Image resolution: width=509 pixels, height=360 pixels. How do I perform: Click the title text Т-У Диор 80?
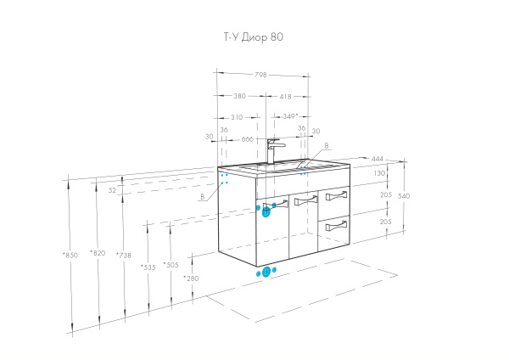248,37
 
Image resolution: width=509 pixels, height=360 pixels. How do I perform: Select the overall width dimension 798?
260,75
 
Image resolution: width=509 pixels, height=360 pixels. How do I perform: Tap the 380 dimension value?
240,96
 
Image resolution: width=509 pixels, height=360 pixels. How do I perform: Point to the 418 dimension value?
286,96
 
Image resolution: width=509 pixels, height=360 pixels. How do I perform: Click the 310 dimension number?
237,116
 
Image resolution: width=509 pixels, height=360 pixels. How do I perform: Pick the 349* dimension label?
290,116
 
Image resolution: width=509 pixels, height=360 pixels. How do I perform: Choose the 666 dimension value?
248,138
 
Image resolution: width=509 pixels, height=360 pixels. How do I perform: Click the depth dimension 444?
379,159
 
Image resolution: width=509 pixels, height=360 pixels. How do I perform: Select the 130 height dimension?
379,173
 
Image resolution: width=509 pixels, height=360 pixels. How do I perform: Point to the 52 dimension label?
113,190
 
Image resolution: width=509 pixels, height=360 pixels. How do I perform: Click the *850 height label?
70,255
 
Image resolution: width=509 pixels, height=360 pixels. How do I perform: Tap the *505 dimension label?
170,264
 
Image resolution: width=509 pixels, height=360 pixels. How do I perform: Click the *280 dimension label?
191,278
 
